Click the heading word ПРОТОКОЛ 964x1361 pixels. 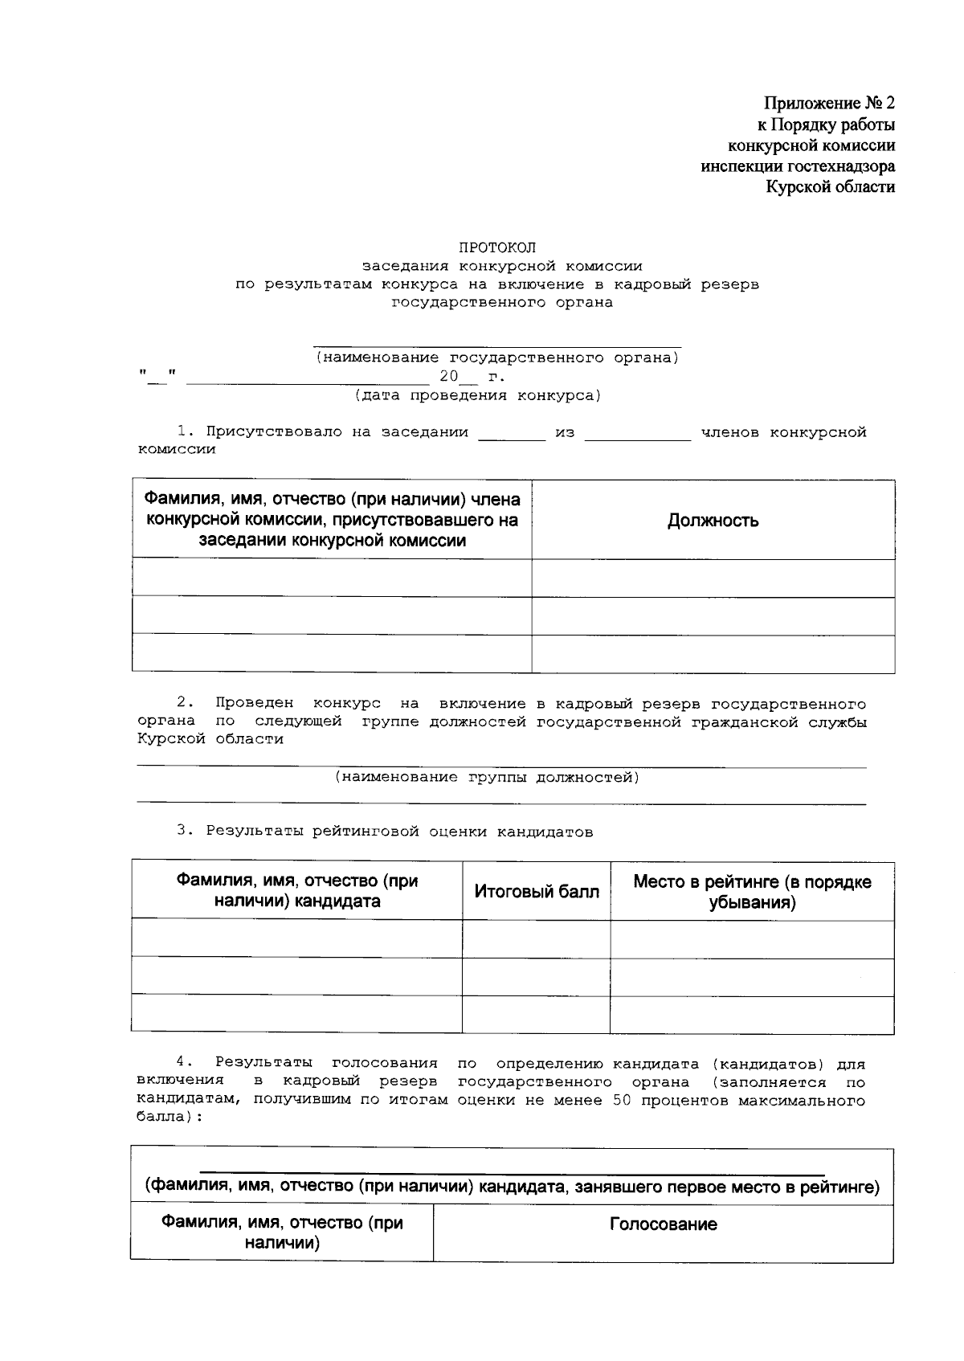tap(496, 247)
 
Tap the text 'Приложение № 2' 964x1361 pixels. tap(828, 104)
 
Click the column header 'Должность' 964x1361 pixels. tap(713, 521)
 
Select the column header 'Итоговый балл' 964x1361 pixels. tap(536, 891)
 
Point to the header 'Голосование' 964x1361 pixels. tap(663, 1224)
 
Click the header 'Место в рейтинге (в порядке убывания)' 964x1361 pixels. tap(752, 892)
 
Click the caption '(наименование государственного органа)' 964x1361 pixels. tap(496, 358)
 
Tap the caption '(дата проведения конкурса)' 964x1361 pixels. tap(477, 395)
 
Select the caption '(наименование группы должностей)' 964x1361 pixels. tap(487, 777)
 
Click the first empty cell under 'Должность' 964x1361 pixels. tap(713, 578)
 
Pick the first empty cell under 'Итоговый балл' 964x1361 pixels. tap(536, 939)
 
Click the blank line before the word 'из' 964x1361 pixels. tap(511, 435)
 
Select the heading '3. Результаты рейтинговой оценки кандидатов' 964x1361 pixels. tap(385, 832)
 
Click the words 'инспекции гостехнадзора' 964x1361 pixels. tap(797, 166)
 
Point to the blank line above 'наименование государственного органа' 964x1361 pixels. tap(496, 344)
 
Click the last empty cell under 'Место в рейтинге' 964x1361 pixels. tap(752, 1015)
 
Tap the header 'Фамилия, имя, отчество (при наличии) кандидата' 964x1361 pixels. tap(296, 891)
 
